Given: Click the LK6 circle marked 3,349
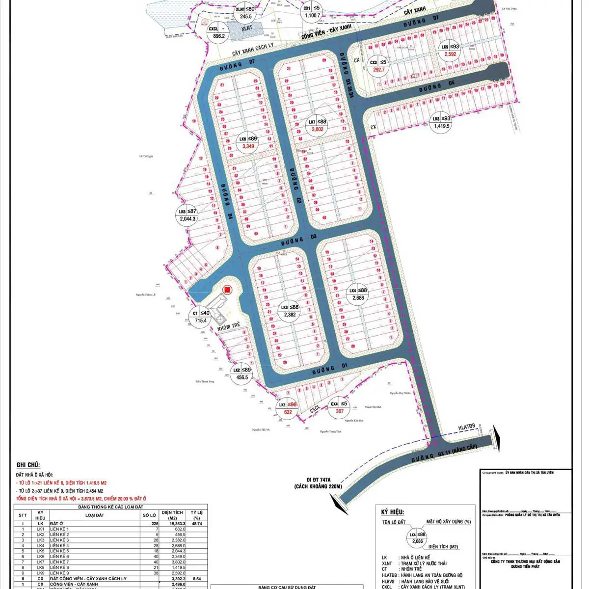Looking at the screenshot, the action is pos(248,142).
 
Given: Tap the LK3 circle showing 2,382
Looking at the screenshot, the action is pos(290,311).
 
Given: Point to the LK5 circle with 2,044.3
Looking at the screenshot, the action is pos(187,215).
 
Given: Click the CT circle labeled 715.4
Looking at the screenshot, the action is pos(201,317).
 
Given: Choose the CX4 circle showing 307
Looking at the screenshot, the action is pos(339,407).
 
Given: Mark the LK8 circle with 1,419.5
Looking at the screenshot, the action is pos(441,122).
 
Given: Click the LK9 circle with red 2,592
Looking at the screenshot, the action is pos(450,51).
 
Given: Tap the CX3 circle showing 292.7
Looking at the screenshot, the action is pos(379,66).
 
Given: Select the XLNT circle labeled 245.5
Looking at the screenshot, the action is pos(245,13).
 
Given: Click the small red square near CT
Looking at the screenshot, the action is pos(227,290).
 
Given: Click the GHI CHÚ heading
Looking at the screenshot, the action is pos(28,465).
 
